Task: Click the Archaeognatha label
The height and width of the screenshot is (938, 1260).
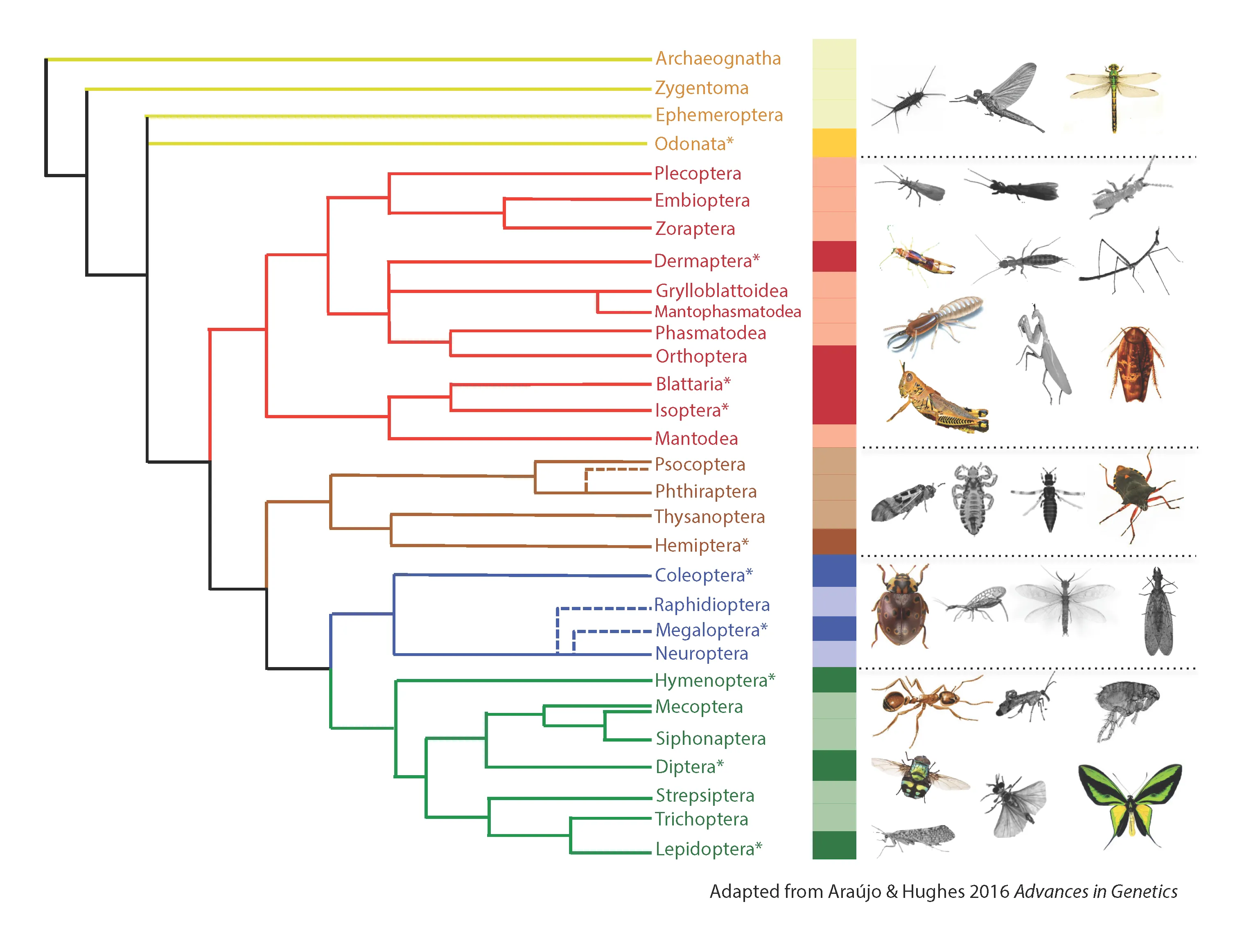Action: [x=717, y=59]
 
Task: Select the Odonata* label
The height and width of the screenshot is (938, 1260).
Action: [x=693, y=144]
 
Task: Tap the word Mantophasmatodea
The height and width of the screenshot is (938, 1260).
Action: [x=727, y=312]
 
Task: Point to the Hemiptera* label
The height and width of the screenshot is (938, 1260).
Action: [x=701, y=545]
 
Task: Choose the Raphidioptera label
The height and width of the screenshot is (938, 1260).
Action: [x=711, y=605]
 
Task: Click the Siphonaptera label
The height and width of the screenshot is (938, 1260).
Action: [x=710, y=738]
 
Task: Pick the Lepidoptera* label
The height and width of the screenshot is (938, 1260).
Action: [x=707, y=849]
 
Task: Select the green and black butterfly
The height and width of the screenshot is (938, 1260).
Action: [x=1130, y=803]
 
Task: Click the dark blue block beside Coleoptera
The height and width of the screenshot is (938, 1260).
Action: [x=833, y=570]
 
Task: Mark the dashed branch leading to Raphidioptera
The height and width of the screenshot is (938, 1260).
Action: [x=602, y=609]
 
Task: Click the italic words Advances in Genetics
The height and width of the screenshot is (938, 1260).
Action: [x=1095, y=891]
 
